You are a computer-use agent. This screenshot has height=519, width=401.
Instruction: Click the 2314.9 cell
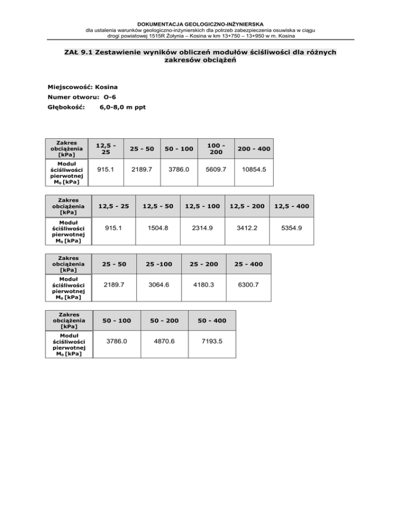(x=202, y=228)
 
